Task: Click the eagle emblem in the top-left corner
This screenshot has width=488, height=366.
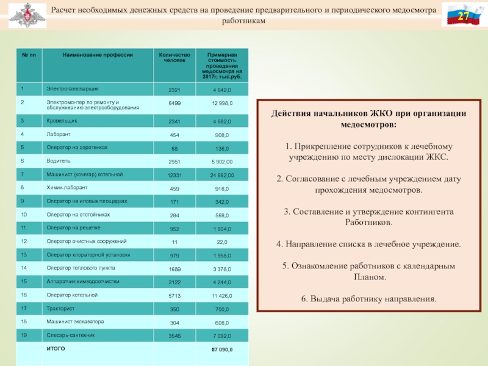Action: (x=25, y=14)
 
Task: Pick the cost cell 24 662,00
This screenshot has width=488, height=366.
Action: (x=222, y=175)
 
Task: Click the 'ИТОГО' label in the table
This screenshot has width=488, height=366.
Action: (x=56, y=348)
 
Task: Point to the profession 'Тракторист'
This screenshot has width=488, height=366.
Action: (x=60, y=308)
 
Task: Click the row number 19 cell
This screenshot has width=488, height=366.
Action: (x=24, y=334)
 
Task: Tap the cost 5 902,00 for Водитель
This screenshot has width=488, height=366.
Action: (x=222, y=161)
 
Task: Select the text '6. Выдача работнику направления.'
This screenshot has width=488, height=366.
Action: (x=369, y=299)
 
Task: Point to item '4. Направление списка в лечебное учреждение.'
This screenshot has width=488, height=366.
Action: (x=369, y=244)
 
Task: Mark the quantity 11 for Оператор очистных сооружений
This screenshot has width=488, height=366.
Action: (x=174, y=242)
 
